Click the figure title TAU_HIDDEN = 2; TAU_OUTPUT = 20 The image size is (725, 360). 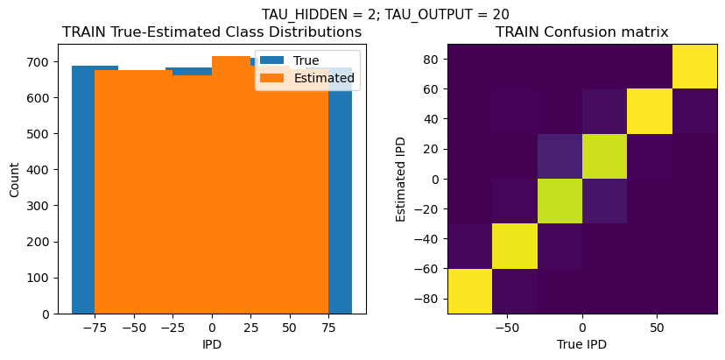(x=385, y=14)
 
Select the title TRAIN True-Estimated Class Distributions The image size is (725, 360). (x=212, y=32)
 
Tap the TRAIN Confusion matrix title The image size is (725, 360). (x=581, y=32)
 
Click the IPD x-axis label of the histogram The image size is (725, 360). (x=212, y=344)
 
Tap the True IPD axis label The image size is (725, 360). (x=581, y=344)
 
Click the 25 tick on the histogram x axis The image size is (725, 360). (x=250, y=327)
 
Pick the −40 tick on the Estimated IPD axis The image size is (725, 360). (x=428, y=238)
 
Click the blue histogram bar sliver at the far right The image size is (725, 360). (x=341, y=193)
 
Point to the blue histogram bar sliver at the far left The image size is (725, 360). (x=83, y=193)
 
